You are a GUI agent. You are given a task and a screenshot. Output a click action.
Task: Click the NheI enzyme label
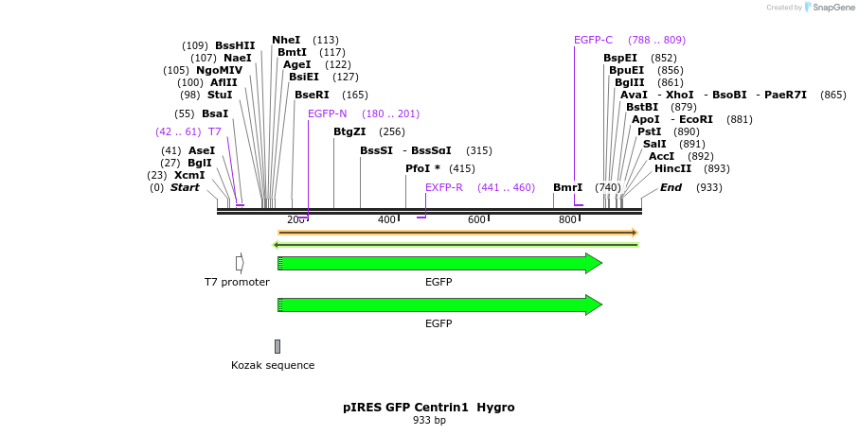coord(286,40)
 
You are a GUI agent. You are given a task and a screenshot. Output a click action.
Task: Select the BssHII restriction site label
coord(235,45)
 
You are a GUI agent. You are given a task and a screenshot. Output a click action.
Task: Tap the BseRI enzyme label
coord(312,95)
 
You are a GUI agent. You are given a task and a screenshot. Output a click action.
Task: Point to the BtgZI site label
coord(349,131)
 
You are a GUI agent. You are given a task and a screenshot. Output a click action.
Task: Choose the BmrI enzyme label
coord(567,187)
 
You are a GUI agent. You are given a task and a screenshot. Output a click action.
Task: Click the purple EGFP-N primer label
coord(328,113)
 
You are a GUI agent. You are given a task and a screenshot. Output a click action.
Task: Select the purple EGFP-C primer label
coord(593,40)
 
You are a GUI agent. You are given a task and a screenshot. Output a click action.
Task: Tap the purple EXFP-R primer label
coord(444,187)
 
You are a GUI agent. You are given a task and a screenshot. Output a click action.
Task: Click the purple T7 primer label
coord(215,131)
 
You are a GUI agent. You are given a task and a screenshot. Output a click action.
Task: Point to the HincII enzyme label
coord(672,168)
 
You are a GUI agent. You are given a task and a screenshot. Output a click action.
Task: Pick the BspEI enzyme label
coord(620,58)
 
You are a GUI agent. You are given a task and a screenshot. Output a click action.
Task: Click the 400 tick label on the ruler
coord(386,219)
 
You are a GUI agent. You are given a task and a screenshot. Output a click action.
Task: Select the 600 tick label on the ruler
coord(476,219)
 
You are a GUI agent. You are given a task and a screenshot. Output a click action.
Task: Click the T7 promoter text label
coord(237,282)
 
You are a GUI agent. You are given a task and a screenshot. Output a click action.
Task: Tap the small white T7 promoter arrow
coord(240,262)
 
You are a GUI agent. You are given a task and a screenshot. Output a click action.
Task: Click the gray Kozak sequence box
coord(277,346)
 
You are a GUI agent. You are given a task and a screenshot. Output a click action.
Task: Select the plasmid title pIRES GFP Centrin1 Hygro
coord(429,408)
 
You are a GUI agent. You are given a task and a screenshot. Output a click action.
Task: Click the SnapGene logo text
coord(831,8)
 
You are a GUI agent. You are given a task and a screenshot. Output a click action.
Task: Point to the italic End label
coord(671,187)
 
